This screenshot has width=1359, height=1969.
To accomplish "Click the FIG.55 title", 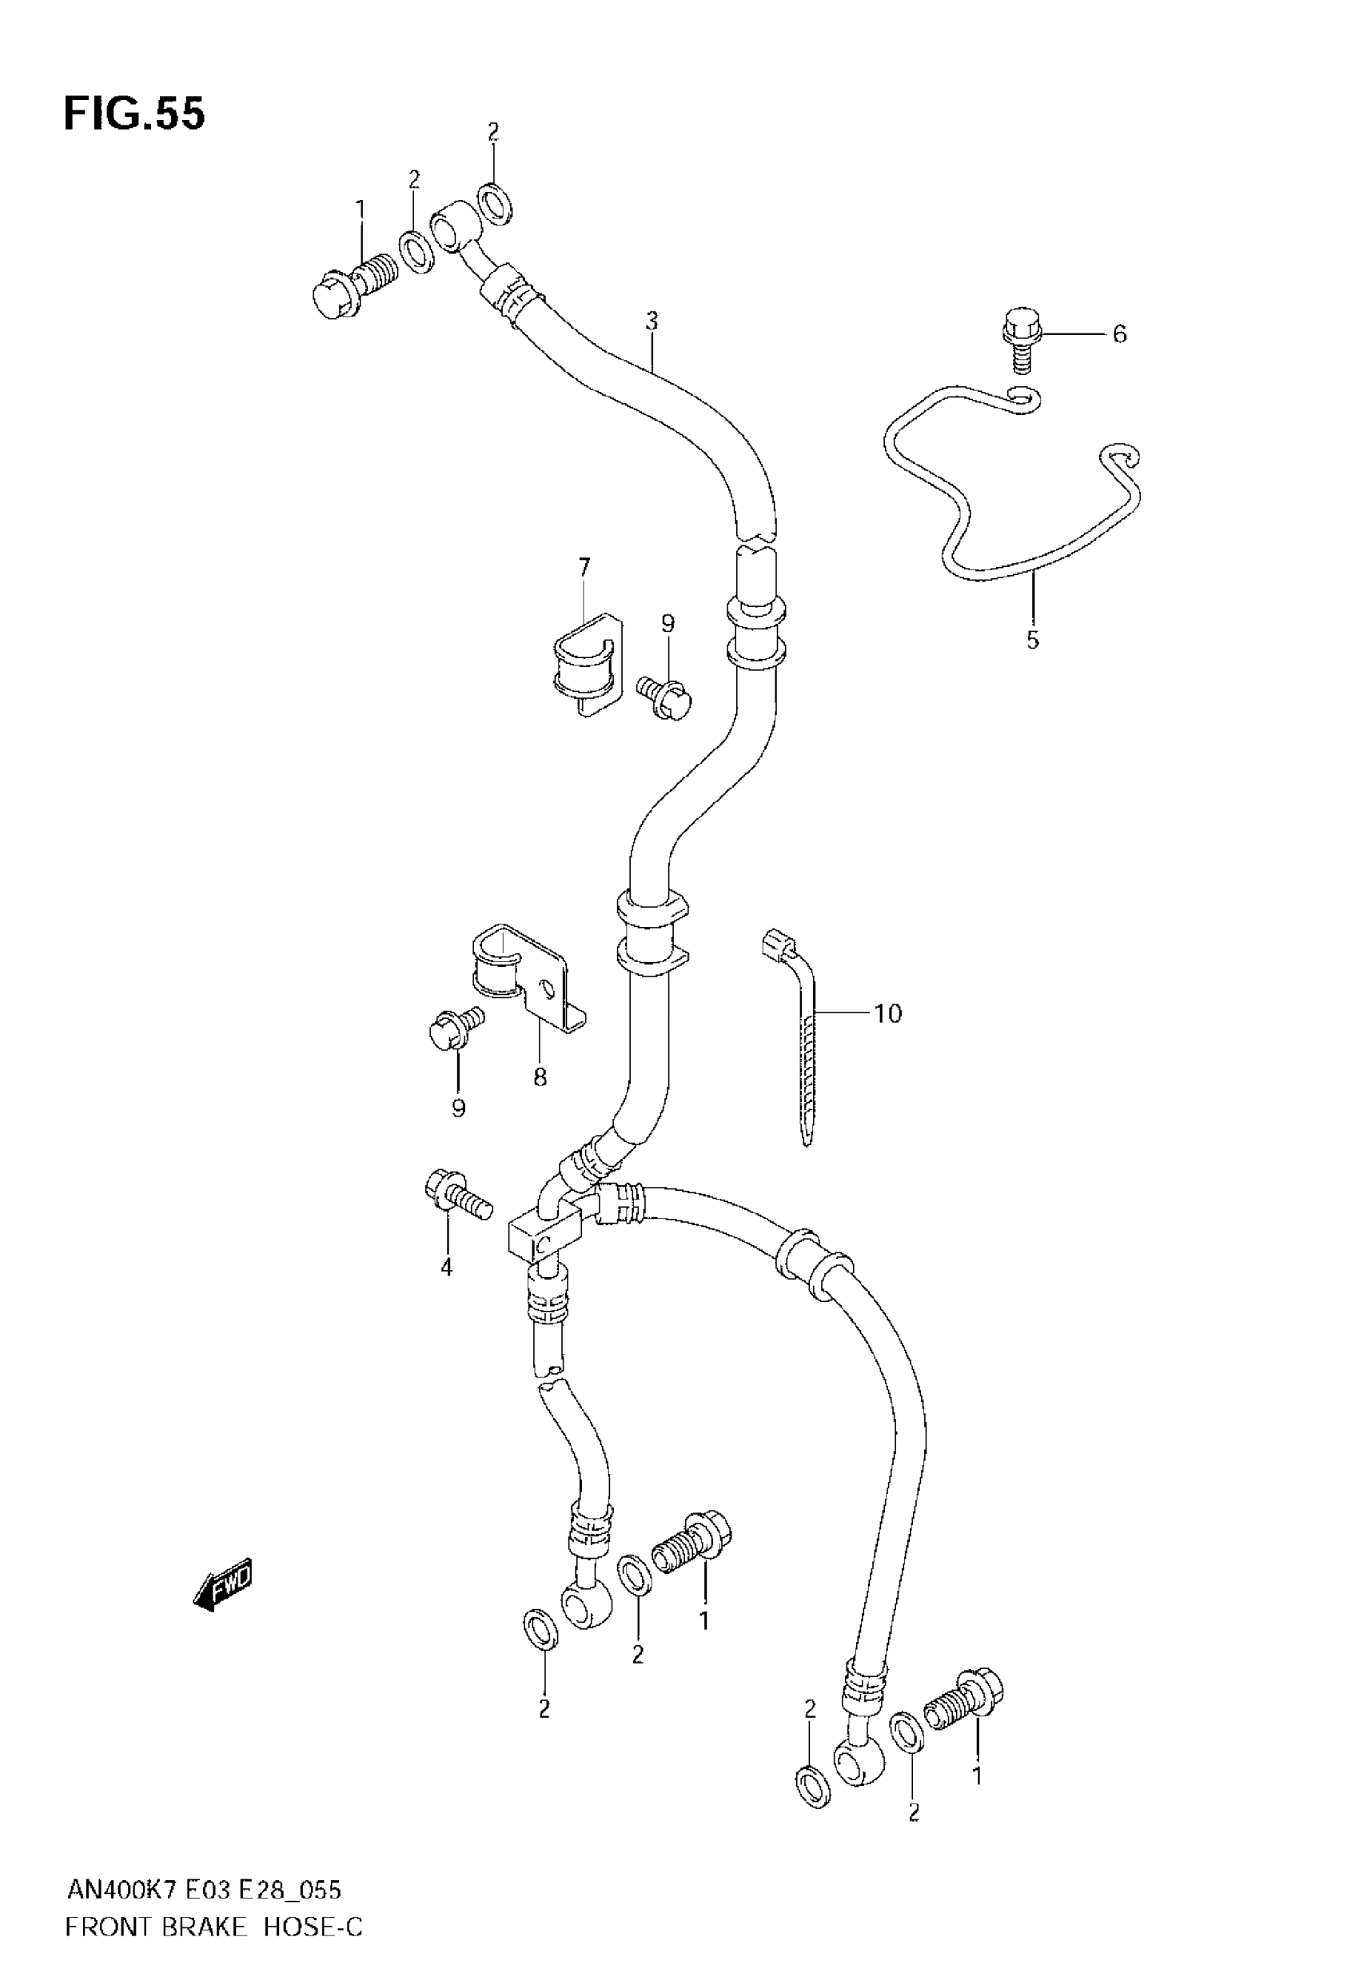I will coord(134,114).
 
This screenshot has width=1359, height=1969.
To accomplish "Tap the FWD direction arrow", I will coord(224,1584).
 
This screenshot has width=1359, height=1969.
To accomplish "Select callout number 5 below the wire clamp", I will coord(1032,640).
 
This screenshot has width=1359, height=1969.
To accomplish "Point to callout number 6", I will coord(1119,333).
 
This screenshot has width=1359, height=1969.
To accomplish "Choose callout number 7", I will coord(584,566).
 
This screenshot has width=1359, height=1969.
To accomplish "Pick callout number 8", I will coord(540,1077).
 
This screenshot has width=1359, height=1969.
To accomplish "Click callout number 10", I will coord(887,1013).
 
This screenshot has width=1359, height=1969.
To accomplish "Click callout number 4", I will coord(446,1291).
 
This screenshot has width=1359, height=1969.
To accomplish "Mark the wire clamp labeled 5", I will coord(1014,494).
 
